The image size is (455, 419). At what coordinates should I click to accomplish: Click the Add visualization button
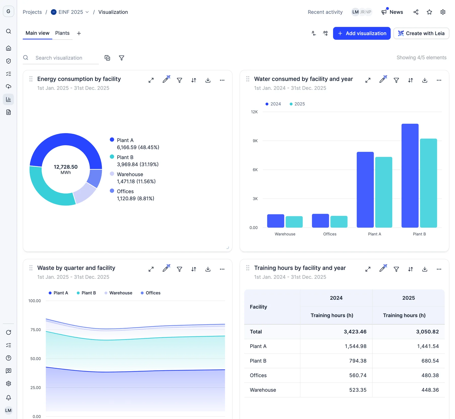(361, 33)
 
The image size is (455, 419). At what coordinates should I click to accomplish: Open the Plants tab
(62, 33)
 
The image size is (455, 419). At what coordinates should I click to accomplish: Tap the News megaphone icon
(384, 12)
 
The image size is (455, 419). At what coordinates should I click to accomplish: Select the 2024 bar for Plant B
(410, 176)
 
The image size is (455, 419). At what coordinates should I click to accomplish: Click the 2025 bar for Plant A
(383, 192)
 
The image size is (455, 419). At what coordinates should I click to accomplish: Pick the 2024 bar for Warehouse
(276, 221)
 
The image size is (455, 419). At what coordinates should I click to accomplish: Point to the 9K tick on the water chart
(255, 141)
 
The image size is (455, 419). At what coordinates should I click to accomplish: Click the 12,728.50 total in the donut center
(66, 167)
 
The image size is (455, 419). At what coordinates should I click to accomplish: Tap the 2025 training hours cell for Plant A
(428, 346)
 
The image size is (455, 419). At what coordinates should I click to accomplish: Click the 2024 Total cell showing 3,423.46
(355, 332)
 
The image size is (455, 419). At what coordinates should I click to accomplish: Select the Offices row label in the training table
(258, 375)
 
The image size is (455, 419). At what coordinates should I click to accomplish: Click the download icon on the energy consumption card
(208, 80)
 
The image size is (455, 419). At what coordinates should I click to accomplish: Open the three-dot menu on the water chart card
(439, 80)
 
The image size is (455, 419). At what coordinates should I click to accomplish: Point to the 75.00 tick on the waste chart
(35, 330)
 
